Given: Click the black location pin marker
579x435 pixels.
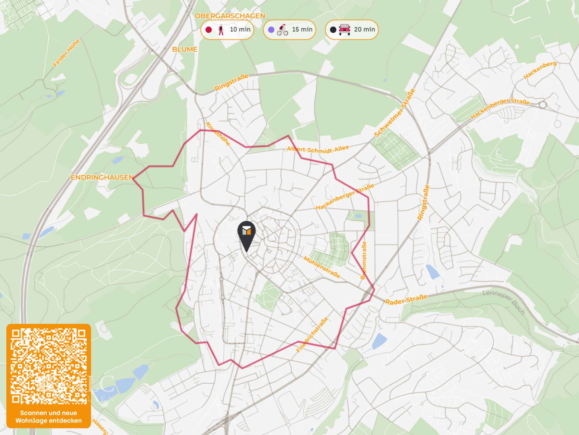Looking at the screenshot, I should coord(246,234).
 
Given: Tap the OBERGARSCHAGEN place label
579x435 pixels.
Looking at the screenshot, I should coord(230,16).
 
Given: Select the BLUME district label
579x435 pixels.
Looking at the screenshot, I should coord(185,49).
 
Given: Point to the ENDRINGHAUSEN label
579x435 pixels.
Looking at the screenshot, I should coord(102,177).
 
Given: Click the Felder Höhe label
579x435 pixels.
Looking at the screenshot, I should coord(66,53).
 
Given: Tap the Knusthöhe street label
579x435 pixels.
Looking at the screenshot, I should coord(218,134).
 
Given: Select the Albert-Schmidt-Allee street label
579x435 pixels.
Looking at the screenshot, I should coord(317,149).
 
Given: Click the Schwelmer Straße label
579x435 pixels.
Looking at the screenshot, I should coord(394,113).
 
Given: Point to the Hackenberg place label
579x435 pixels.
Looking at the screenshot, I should coord(540,70).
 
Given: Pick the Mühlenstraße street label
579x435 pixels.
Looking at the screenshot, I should coord(322,267).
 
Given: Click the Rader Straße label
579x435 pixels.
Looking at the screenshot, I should coord(406,300).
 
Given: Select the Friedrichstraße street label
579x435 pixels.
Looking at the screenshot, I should coord(312,335).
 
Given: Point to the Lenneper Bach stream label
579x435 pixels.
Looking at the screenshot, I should coord(504,302).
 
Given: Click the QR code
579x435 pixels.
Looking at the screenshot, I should coord(49,366).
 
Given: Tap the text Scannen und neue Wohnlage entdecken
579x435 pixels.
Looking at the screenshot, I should coord(49,416).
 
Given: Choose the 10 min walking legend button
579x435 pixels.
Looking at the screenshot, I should coord(227,30).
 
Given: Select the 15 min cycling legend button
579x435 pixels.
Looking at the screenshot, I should coord(290,30).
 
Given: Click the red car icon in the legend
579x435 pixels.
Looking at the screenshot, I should coord(344,29).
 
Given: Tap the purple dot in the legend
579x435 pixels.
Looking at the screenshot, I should coord(271,30).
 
